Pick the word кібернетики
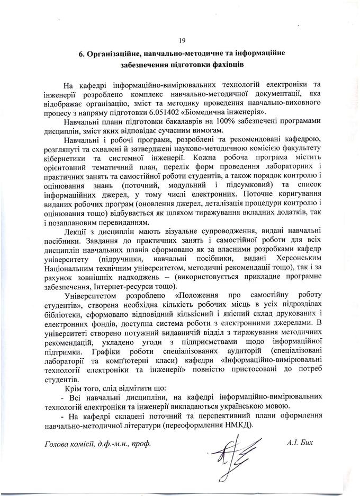coord(66,157)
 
